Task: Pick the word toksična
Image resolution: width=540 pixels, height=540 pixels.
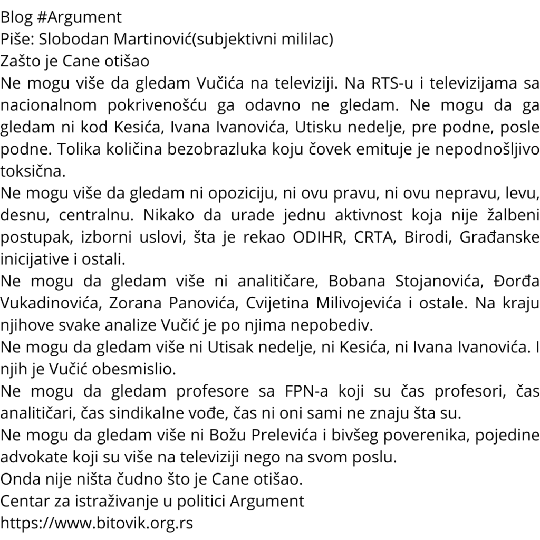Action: pyautogui.click(x=34, y=171)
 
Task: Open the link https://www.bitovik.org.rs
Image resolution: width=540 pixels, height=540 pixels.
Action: pyautogui.click(x=97, y=523)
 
